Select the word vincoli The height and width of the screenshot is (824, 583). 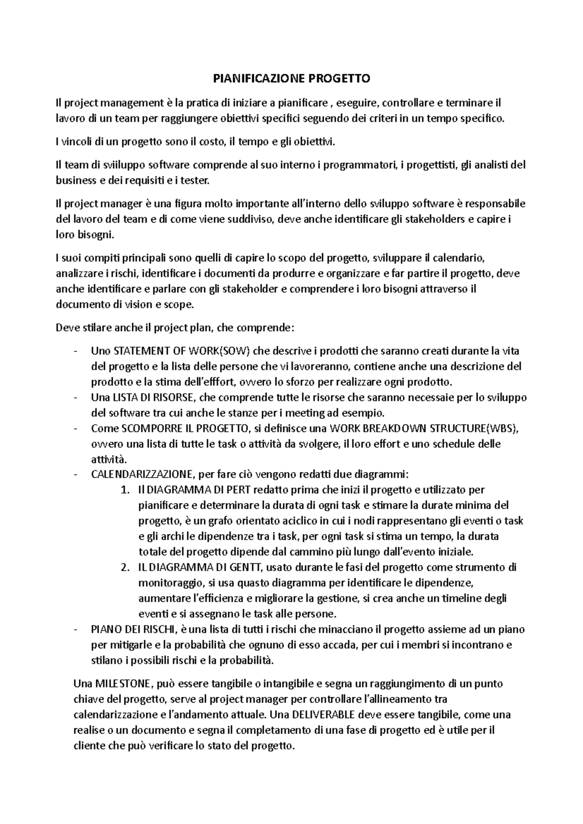77,142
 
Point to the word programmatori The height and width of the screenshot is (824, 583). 358,165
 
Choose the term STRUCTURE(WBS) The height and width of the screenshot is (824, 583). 474,428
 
